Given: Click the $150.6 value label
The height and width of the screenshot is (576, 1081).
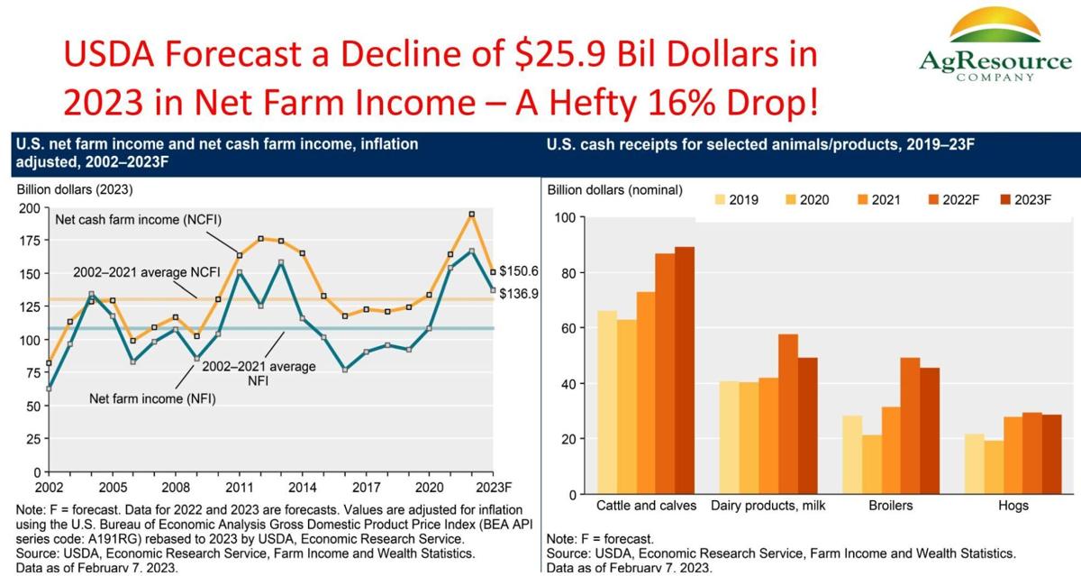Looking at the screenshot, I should [519, 270].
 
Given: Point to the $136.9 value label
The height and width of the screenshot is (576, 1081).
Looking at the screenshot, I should [519, 294].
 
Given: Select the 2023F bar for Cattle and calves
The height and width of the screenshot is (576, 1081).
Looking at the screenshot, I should [685, 370].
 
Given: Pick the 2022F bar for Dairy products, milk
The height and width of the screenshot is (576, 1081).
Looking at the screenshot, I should [788, 414].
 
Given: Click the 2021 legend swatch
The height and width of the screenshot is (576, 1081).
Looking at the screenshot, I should [858, 200].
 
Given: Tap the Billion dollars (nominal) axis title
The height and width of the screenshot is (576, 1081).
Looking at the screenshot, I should [615, 190].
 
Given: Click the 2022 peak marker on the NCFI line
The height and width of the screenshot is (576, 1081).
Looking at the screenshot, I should [471, 215].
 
